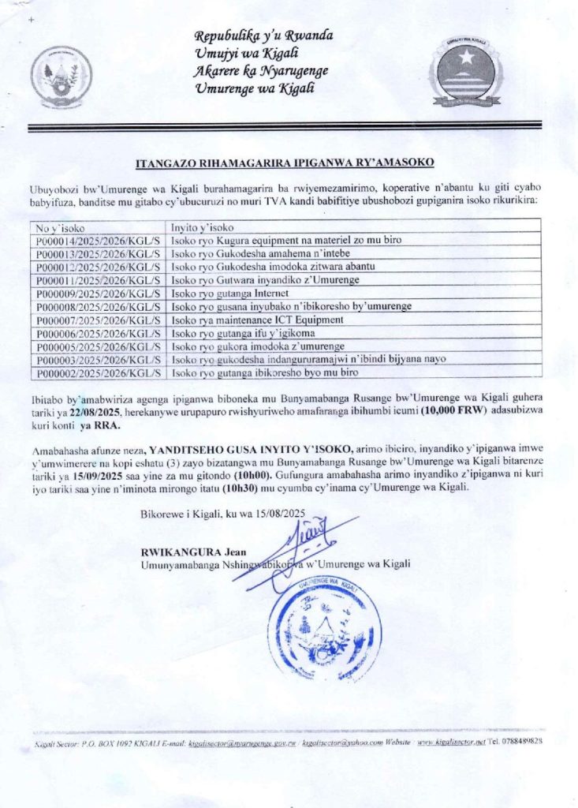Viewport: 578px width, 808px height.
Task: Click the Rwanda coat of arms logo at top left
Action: point(61,77)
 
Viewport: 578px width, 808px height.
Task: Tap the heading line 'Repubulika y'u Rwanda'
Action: point(263,36)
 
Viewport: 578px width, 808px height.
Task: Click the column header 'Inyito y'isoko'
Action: point(204,227)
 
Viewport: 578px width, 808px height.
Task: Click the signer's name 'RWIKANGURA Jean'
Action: point(180,551)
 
